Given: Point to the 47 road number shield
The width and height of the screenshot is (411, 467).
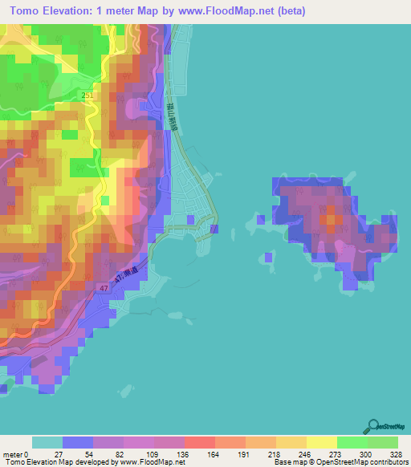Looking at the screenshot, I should [x=104, y=286].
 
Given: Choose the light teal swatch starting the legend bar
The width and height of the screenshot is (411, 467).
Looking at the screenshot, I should [x=47, y=442].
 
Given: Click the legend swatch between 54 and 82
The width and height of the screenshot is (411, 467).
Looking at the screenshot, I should [x=108, y=442].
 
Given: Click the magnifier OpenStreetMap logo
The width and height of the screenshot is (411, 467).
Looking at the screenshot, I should [x=374, y=425].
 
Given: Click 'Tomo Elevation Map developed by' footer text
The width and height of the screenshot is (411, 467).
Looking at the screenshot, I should [x=59, y=462].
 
